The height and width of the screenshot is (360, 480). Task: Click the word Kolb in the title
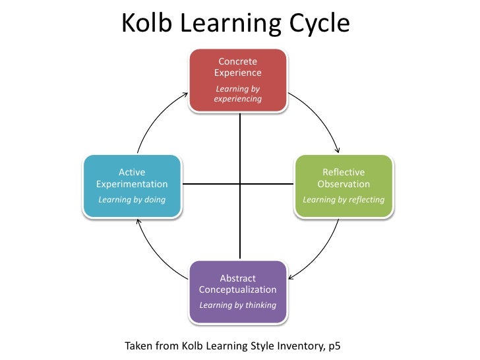click(145, 24)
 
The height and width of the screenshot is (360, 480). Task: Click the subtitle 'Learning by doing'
click(132, 199)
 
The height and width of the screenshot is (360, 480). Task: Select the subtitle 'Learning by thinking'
click(238, 305)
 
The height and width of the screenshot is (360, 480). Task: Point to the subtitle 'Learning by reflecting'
click(344, 199)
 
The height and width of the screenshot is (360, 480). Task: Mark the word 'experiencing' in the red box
click(238, 99)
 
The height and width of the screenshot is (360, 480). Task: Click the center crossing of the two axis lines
click(240, 184)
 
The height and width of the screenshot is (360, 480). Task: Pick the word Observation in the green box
click(344, 184)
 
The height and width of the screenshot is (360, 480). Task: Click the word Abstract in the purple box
click(238, 278)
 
